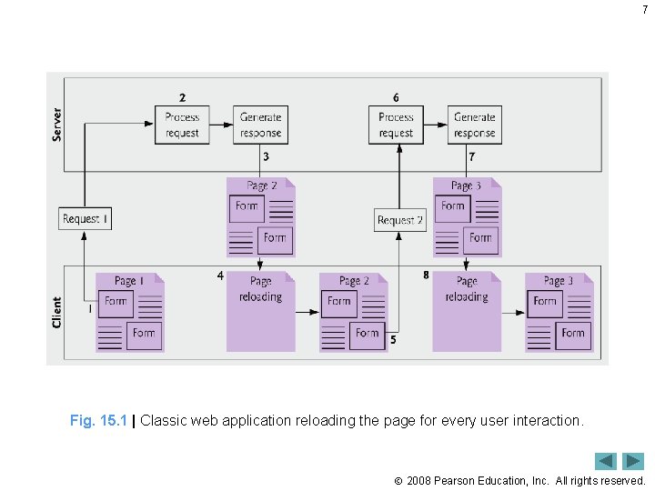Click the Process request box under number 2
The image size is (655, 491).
point(182,125)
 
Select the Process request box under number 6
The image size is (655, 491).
point(396,125)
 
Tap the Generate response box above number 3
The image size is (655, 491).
point(261,125)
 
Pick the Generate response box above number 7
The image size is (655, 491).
point(475,125)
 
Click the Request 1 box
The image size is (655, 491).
point(86,219)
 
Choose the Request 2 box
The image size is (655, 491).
point(400,220)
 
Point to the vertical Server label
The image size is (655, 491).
point(57,125)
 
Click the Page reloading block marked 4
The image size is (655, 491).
point(260,311)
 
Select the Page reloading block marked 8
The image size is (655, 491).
point(467,311)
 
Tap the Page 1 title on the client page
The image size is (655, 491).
point(128,281)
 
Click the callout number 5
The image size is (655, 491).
point(393,340)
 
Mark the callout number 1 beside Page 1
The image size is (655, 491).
point(89,309)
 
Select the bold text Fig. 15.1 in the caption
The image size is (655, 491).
point(99,421)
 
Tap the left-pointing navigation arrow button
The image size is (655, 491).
point(607,461)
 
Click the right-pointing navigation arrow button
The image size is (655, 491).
point(634,461)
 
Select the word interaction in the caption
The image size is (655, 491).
point(547,421)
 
